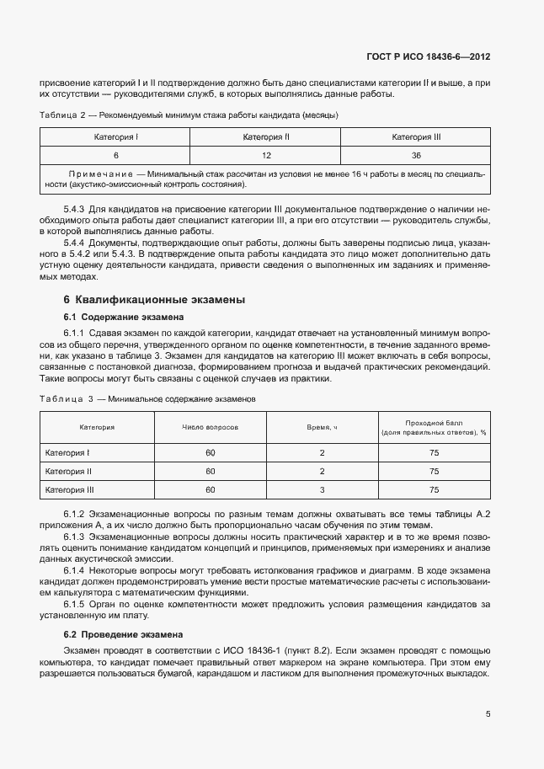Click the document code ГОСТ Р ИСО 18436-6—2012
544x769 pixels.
[x=441, y=57]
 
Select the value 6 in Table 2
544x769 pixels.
[x=115, y=155]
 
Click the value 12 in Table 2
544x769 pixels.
[x=266, y=155]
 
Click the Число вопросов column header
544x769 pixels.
[x=210, y=427]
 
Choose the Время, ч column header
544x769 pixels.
[x=322, y=427]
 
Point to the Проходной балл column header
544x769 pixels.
[x=434, y=422]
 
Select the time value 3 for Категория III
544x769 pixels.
[x=322, y=489]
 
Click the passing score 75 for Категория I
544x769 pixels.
[x=434, y=453]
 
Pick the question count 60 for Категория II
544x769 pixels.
[x=210, y=472]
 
